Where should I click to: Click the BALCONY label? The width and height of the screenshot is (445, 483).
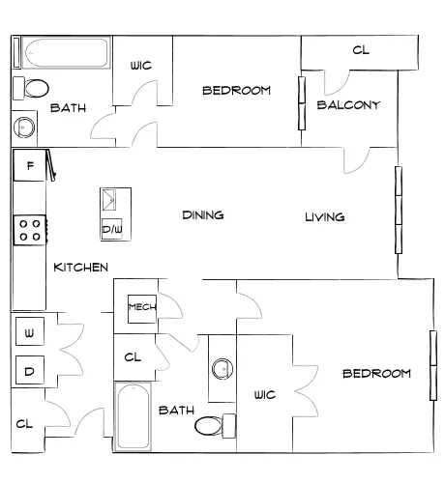348,105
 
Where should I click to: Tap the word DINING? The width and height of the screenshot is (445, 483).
203,215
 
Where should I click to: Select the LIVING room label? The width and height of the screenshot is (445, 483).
325,217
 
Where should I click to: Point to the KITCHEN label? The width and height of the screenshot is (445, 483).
80,268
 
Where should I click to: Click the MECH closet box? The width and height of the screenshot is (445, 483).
142,309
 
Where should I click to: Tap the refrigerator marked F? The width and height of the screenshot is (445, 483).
30,165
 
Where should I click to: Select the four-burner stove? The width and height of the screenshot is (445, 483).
30,230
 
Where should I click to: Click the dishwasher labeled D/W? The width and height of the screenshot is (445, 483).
112,229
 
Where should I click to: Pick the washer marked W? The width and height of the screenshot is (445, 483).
30,331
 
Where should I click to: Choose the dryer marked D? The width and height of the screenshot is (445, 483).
30,370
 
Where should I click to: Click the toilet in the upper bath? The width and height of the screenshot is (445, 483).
31,88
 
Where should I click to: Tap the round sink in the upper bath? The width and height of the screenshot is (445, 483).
24,128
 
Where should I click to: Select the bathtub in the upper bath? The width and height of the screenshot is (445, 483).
66,53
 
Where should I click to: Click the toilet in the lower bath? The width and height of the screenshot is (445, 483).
215,426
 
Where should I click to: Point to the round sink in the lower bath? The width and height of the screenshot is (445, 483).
222,368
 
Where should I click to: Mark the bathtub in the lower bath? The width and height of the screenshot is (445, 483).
133,417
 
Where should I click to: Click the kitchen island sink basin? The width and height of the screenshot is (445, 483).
109,200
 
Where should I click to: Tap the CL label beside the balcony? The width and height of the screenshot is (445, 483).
361,50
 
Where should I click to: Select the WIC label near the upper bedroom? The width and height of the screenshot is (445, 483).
141,66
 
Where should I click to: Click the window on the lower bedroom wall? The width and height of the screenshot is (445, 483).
433,365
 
